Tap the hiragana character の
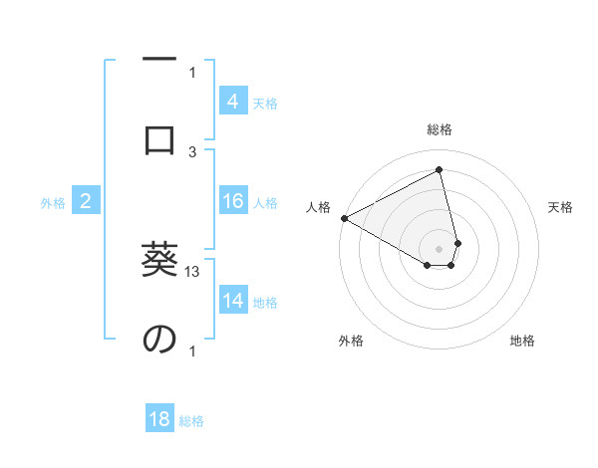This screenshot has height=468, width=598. (159, 339)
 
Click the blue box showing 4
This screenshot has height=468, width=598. (232, 101)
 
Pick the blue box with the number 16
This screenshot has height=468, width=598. (232, 201)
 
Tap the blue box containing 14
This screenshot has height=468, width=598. (232, 301)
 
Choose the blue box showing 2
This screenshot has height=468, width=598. (86, 201)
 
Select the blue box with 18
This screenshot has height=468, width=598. (159, 419)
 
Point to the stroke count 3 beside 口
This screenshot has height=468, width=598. (192, 150)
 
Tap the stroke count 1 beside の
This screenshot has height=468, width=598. (192, 351)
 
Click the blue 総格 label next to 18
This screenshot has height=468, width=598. (191, 421)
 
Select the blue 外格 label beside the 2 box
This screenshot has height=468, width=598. (53, 203)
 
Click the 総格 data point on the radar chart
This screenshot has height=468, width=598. (440, 169)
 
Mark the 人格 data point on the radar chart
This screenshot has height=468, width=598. (344, 218)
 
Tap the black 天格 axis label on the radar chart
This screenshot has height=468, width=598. (561, 208)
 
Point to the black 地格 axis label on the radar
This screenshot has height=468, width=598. (522, 341)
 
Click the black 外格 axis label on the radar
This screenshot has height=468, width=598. (351, 341)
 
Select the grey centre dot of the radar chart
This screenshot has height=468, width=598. (439, 248)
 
